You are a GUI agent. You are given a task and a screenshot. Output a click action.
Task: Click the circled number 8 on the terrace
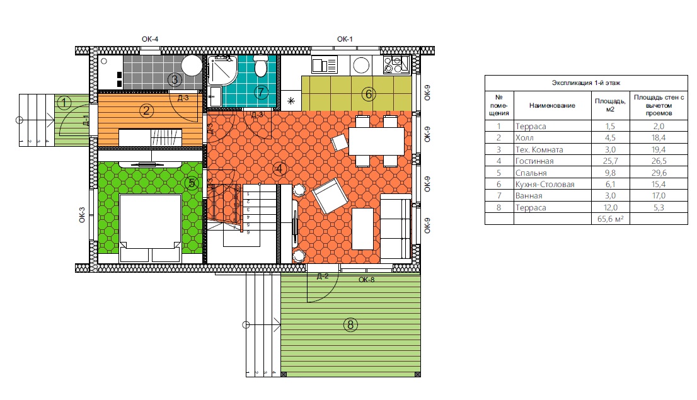pyautogui.click(x=350, y=325)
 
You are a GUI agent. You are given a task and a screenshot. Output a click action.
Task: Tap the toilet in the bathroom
pyautogui.click(x=260, y=66)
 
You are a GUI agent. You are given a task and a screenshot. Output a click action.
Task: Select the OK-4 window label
pyautogui.click(x=150, y=39)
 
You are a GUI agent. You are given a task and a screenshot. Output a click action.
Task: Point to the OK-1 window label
pyautogui.click(x=345, y=39)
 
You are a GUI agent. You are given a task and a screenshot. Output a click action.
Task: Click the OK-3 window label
pyautogui.click(x=82, y=215)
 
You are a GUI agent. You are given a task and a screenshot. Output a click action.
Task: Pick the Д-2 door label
pyautogui.click(x=323, y=277)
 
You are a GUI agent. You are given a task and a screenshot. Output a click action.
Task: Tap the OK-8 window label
pyautogui.click(x=366, y=280)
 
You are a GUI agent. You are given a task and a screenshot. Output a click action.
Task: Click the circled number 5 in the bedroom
pyautogui.click(x=192, y=183)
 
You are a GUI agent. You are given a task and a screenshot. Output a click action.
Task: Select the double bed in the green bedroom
pyautogui.click(x=150, y=227)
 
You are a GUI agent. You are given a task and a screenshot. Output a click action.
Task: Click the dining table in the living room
pyautogui.click(x=376, y=141)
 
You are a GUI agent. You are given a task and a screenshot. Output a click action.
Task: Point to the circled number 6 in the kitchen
pyautogui.click(x=368, y=94)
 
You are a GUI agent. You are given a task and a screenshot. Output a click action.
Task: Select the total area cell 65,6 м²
pyautogui.click(x=610, y=219)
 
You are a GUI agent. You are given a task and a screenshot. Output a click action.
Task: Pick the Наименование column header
pyautogui.click(x=552, y=105)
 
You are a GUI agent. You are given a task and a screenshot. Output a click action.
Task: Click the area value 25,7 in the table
pyautogui.click(x=610, y=161)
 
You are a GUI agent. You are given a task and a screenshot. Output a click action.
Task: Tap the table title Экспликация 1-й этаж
pyautogui.click(x=586, y=83)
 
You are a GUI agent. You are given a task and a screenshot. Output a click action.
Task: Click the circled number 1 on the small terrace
pyautogui.click(x=64, y=103)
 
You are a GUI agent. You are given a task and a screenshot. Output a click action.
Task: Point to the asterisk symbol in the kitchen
pyautogui.click(x=291, y=101)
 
